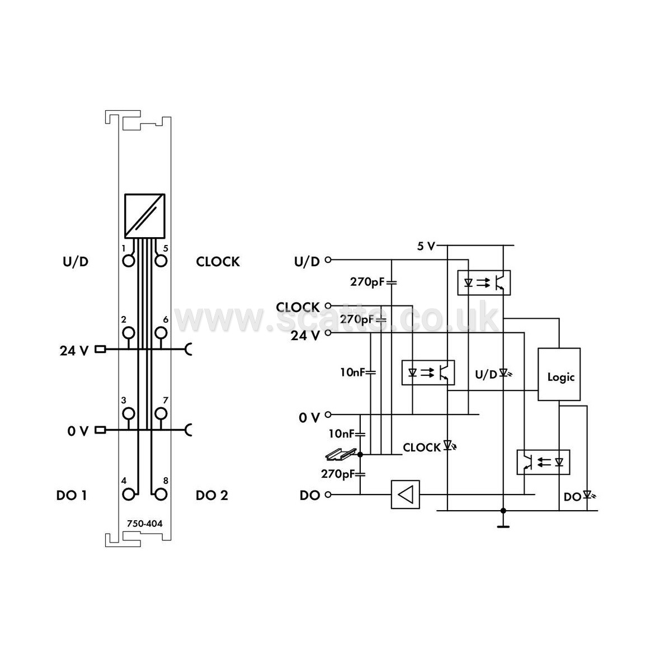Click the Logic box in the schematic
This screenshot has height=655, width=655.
pyautogui.click(x=558, y=374)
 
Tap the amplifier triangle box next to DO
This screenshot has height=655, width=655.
pyautogui.click(x=405, y=494)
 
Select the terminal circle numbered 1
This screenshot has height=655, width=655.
pyautogui.click(x=129, y=261)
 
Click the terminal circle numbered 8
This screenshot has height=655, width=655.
pyautogui.click(x=161, y=494)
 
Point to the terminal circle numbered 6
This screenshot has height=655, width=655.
pyautogui.click(x=161, y=333)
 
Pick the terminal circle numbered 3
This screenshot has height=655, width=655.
pyautogui.click(x=129, y=413)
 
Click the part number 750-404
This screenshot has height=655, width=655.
pyautogui.click(x=144, y=524)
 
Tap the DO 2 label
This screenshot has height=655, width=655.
pyautogui.click(x=212, y=496)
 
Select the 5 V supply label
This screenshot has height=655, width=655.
pyautogui.click(x=426, y=246)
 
